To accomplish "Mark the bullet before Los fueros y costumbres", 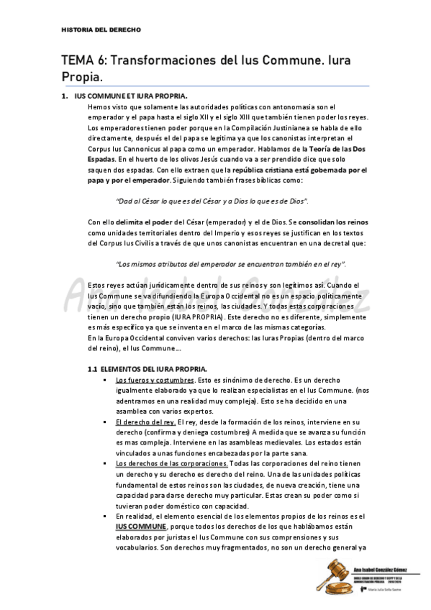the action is (106, 379).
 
